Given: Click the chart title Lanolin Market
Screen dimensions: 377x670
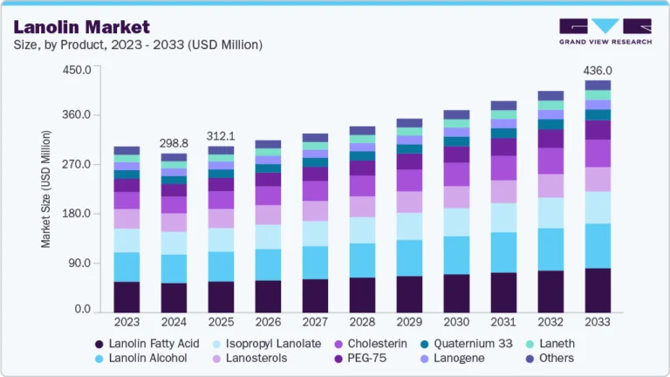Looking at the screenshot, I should (82, 27).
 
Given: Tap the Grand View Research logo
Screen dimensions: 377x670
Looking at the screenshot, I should (605, 31).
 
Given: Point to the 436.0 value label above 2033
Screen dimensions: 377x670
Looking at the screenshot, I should (598, 71).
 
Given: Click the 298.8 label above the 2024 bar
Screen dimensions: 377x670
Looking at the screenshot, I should (174, 143).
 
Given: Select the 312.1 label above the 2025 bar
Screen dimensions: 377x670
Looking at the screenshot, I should (221, 136).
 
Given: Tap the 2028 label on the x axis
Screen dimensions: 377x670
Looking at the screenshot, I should (362, 323).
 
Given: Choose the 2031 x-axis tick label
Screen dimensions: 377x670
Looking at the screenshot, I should (503, 323).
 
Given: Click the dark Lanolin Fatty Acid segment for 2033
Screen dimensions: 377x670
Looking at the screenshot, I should (598, 290).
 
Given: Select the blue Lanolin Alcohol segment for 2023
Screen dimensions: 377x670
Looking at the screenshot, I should (126, 267).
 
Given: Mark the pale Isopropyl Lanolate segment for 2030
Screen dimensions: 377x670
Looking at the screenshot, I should (456, 222).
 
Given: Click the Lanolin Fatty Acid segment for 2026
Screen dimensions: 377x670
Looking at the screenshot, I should (268, 296).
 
